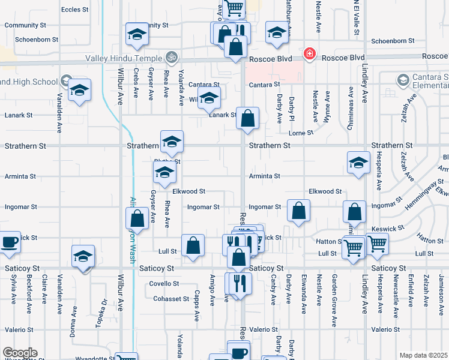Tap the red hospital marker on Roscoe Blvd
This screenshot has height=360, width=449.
[x=309, y=55]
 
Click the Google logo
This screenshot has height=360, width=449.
[x=19, y=353]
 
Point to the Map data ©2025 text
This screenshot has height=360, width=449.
[x=423, y=355]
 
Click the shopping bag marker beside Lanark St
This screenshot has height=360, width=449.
[x=247, y=118]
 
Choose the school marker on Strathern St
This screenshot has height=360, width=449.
[x=172, y=142]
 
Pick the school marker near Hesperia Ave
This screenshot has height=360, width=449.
[x=358, y=163]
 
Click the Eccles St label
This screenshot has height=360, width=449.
[x=75, y=10]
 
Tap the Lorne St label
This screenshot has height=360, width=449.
[x=301, y=132]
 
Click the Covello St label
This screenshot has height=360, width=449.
[x=164, y=283]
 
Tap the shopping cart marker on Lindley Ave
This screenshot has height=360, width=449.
[x=378, y=244]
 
